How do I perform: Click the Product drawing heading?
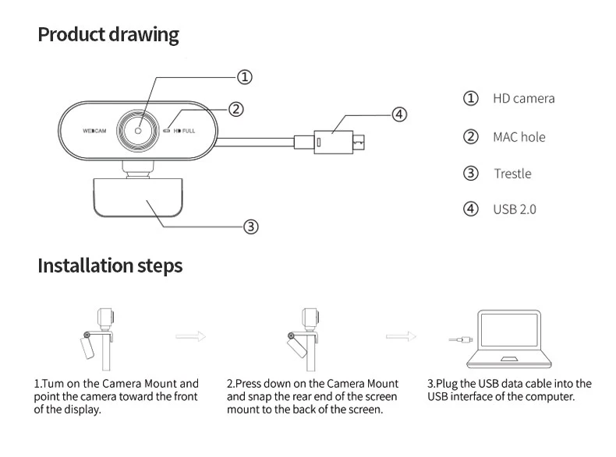(108, 35)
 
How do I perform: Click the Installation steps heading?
(110, 265)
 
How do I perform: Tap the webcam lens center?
(139, 130)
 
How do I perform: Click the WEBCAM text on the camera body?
(94, 131)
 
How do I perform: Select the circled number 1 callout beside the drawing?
(244, 77)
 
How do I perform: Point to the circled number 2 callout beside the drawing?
(236, 110)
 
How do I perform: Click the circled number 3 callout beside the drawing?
(250, 227)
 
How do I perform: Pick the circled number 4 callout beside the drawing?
(398, 114)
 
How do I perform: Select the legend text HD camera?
(523, 99)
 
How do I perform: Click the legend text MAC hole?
(519, 137)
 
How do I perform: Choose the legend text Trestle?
(512, 174)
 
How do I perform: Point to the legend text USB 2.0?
(514, 209)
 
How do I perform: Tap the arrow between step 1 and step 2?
(190, 337)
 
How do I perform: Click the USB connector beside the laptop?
(460, 340)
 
